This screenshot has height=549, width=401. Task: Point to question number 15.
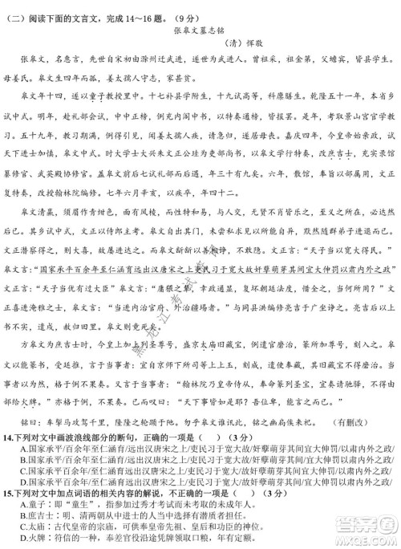(10, 492)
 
